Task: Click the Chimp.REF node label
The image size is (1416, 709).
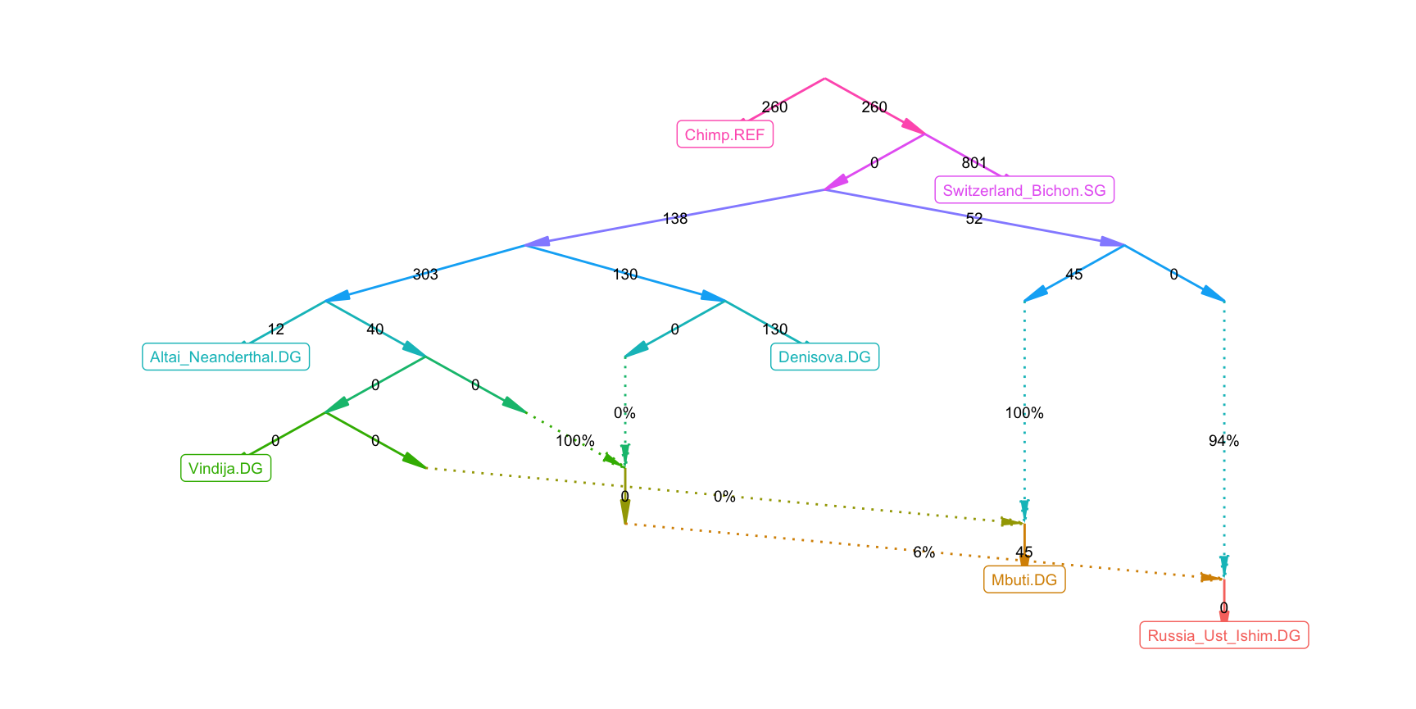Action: (724, 134)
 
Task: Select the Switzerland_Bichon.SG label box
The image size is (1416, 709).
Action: (1024, 190)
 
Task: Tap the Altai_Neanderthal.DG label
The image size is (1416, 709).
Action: (225, 357)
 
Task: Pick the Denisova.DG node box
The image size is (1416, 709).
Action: (824, 357)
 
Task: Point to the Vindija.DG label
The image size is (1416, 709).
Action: (225, 468)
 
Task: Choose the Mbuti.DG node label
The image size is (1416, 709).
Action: (1024, 579)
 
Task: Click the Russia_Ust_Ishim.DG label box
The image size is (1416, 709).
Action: (1223, 635)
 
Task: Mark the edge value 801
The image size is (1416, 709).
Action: (974, 162)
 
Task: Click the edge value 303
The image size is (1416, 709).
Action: (425, 274)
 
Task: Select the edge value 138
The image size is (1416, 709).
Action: (675, 218)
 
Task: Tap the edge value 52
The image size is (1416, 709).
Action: (974, 218)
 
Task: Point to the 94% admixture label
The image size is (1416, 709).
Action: (1223, 441)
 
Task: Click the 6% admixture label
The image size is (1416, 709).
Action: (924, 552)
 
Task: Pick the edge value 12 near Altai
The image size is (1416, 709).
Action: (276, 330)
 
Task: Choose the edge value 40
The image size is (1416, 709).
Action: (375, 330)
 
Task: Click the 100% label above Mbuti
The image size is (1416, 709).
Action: (1024, 413)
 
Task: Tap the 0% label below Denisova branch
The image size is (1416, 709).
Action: (624, 413)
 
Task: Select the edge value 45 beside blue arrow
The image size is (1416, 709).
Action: (1074, 274)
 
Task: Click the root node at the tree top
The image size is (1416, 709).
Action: (824, 79)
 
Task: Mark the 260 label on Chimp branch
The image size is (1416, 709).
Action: (774, 107)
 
